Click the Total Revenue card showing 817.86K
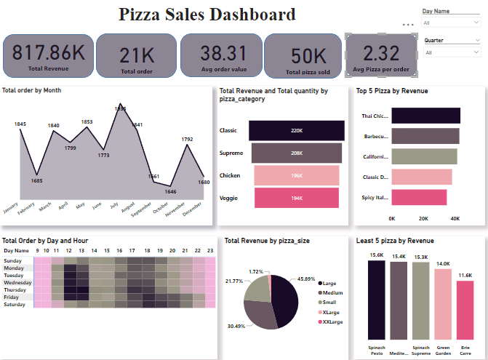(49, 55)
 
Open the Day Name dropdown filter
(451, 23)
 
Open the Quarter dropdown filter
(451, 52)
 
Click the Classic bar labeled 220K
(297, 130)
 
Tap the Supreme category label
(232, 153)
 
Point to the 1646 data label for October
(171, 192)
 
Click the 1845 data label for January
(20, 124)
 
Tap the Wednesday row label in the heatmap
(17, 282)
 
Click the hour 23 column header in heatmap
(210, 249)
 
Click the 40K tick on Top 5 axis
(455, 218)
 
